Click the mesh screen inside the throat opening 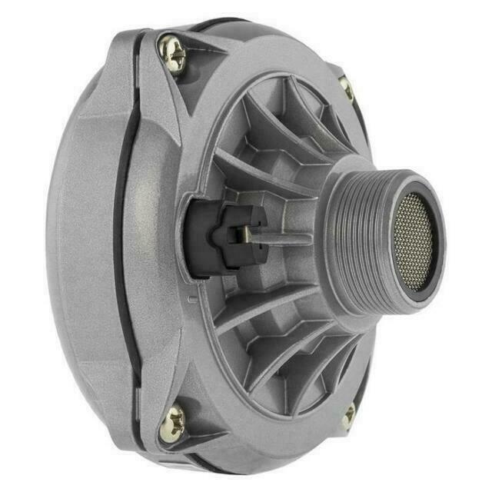coord(413,240)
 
